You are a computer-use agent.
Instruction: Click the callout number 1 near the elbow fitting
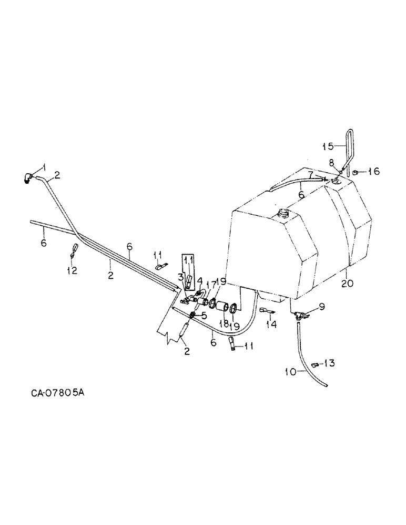[44, 166]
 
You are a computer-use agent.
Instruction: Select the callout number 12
[72, 270]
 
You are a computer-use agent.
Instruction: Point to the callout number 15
[327, 146]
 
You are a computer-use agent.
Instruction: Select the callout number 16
[374, 172]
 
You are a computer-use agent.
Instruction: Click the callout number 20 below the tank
[347, 283]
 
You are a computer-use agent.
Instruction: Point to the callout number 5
[204, 316]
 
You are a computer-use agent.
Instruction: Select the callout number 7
[311, 173]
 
